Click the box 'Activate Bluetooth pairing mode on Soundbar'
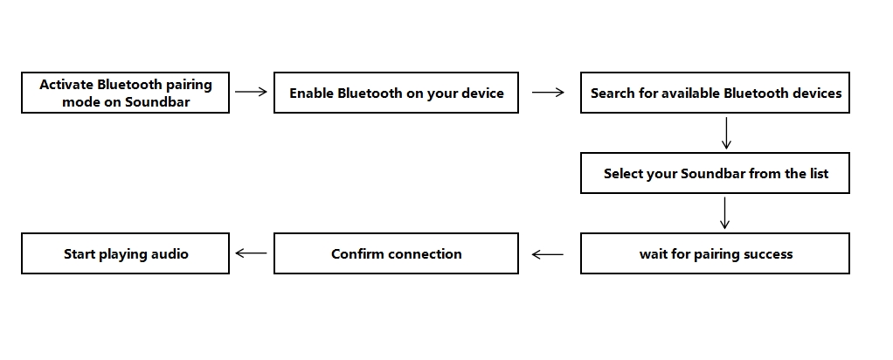[125, 93]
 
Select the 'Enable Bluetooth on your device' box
[396, 93]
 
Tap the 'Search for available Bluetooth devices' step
[715, 93]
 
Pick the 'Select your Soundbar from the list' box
[715, 173]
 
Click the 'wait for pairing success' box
[715, 253]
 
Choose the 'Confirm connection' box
[396, 253]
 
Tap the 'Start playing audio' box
[125, 253]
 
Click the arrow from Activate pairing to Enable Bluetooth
[251, 92]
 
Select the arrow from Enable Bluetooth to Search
[548, 92]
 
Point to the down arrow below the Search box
[725, 133]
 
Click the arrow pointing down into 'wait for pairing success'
[725, 213]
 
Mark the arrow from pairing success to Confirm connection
[548, 254]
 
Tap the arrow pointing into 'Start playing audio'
[251, 253]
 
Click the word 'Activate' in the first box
[66, 85]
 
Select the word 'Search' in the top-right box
[613, 93]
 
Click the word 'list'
[819, 173]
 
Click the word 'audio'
[170, 254]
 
